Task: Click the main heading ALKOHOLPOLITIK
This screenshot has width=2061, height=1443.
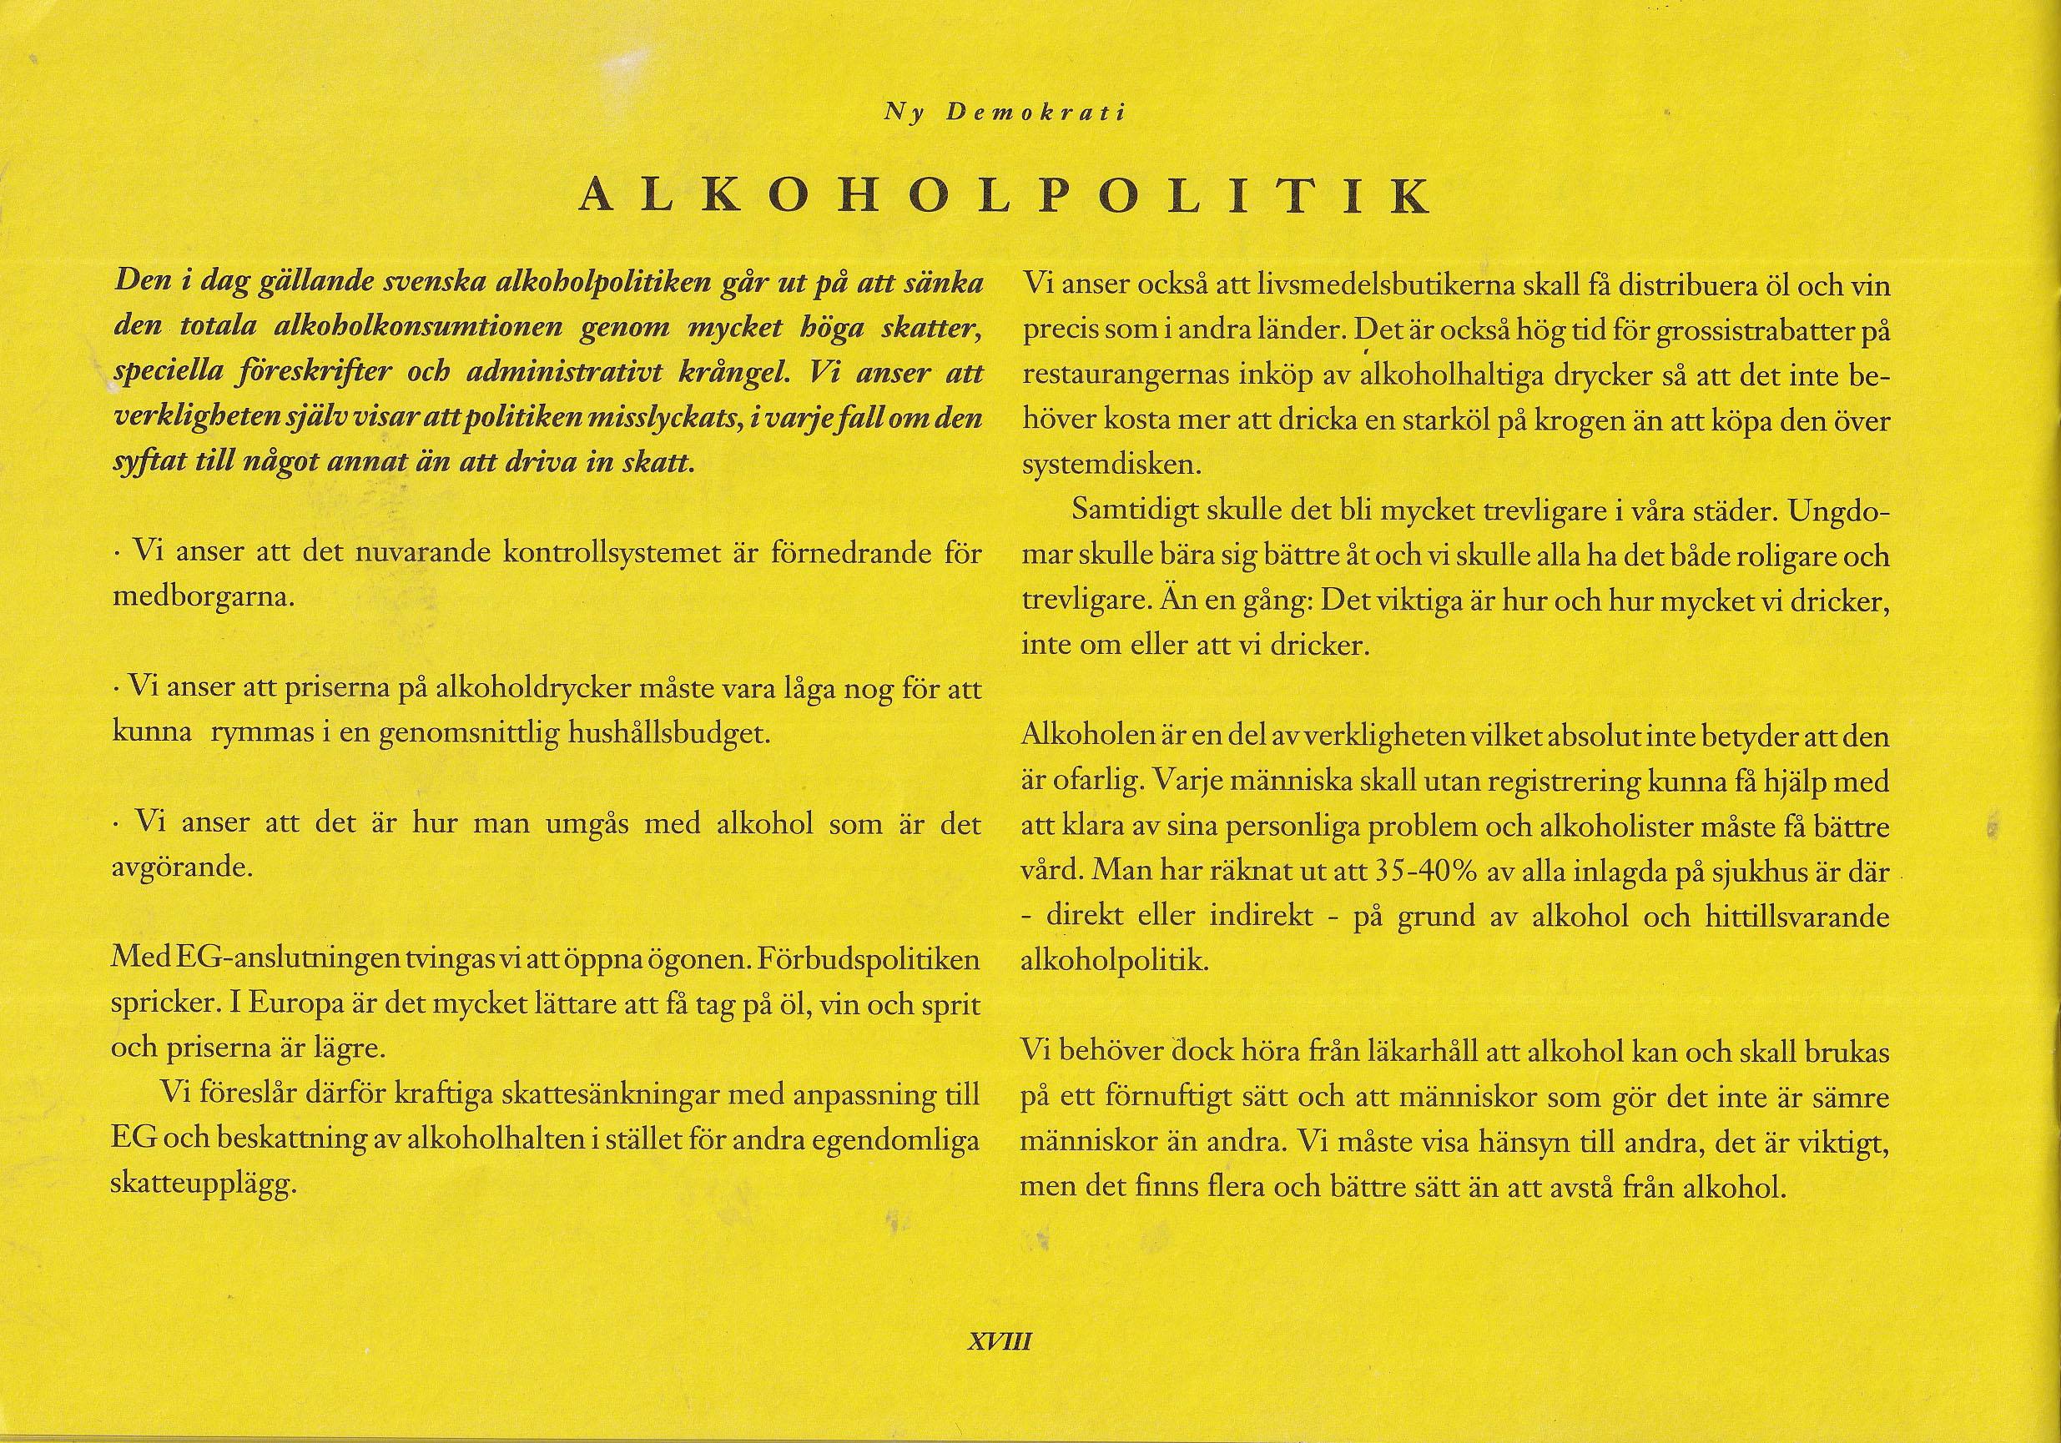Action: click(x=1005, y=196)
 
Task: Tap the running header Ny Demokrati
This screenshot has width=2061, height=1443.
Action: click(x=1005, y=114)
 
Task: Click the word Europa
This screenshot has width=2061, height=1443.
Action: click(x=293, y=1005)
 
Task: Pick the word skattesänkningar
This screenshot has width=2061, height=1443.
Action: click(x=613, y=1096)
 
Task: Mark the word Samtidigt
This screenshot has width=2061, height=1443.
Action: click(x=1132, y=511)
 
